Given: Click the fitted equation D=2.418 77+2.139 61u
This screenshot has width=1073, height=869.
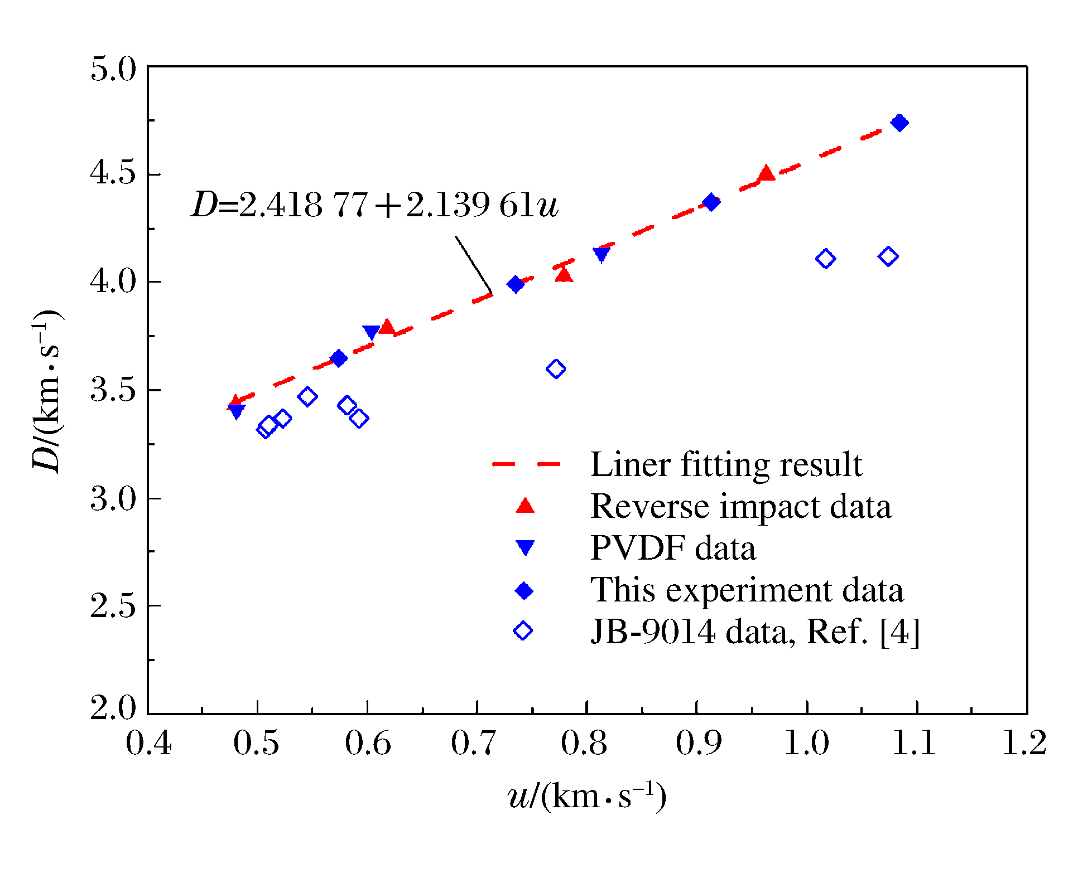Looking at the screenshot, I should pos(374,205).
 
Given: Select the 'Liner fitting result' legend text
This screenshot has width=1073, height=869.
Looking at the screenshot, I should pos(726,464).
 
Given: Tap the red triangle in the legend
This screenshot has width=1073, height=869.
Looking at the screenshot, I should pos(525,506).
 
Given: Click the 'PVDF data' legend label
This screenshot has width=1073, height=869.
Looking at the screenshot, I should pos(673,548).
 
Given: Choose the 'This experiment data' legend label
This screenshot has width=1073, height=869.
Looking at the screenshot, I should pos(747,590).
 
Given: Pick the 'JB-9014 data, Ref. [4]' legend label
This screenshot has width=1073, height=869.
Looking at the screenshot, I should pos(755,632).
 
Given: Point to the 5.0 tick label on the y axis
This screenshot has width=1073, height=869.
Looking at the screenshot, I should pos(113,70).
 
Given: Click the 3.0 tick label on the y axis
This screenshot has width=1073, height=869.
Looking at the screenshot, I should pos(113,499).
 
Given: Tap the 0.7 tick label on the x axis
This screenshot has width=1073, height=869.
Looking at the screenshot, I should pos(473,743).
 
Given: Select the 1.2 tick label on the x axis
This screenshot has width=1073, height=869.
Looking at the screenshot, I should pos(1024,743).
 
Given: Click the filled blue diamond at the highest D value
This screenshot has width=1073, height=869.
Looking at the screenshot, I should pos(899,123).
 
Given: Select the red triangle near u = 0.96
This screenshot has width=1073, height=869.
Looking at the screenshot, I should pos(767,173).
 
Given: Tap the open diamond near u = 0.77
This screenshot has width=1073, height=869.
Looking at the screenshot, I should pos(556,369).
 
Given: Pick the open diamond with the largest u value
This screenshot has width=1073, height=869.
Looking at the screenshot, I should pos(888,257).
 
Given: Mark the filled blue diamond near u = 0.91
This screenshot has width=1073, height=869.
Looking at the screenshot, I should pos(711,202).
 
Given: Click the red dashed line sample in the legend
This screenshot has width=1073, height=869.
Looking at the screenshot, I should pos(526,464).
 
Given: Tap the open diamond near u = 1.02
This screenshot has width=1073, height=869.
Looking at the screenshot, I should pos(825,259).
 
